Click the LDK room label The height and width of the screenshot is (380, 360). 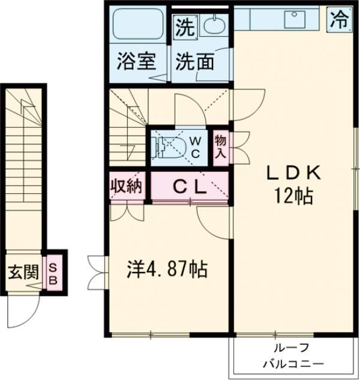(294, 173)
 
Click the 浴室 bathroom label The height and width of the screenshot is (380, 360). (137, 61)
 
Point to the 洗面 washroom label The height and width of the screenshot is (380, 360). (194, 61)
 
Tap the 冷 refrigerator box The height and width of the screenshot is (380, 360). (338, 19)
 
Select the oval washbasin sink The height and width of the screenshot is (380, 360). (212, 26)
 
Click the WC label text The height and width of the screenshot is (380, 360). (196, 146)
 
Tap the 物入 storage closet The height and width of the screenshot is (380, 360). (221, 146)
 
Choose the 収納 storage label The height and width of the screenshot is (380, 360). (126, 186)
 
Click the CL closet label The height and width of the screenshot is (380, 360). (190, 186)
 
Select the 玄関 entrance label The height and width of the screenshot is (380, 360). (23, 273)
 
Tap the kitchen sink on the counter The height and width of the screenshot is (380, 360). (295, 19)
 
